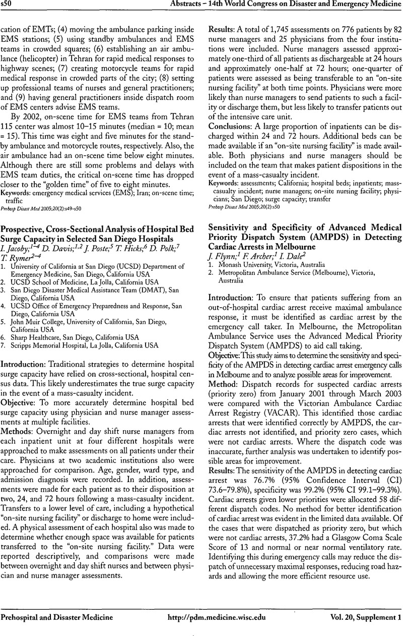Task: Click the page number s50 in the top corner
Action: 10,5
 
